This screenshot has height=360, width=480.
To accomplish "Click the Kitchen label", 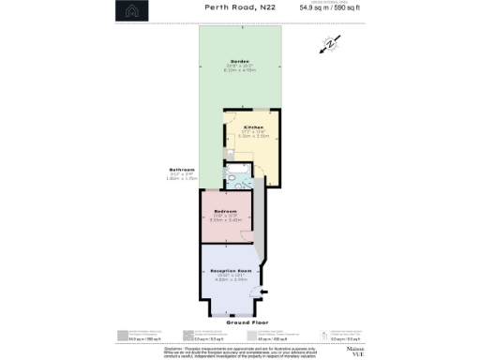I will point(253,127).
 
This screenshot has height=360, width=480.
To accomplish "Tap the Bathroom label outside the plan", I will point(181,169).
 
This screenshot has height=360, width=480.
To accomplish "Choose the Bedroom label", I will point(226,211).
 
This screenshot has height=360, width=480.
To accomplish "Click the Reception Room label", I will point(231,271).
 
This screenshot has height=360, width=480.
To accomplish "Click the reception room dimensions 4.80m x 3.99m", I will point(231,279).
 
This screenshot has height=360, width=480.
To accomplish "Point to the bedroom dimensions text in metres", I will point(226,220).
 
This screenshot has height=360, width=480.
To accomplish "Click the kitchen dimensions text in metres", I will point(253,136).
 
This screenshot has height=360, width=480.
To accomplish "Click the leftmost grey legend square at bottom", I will point(123,334).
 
